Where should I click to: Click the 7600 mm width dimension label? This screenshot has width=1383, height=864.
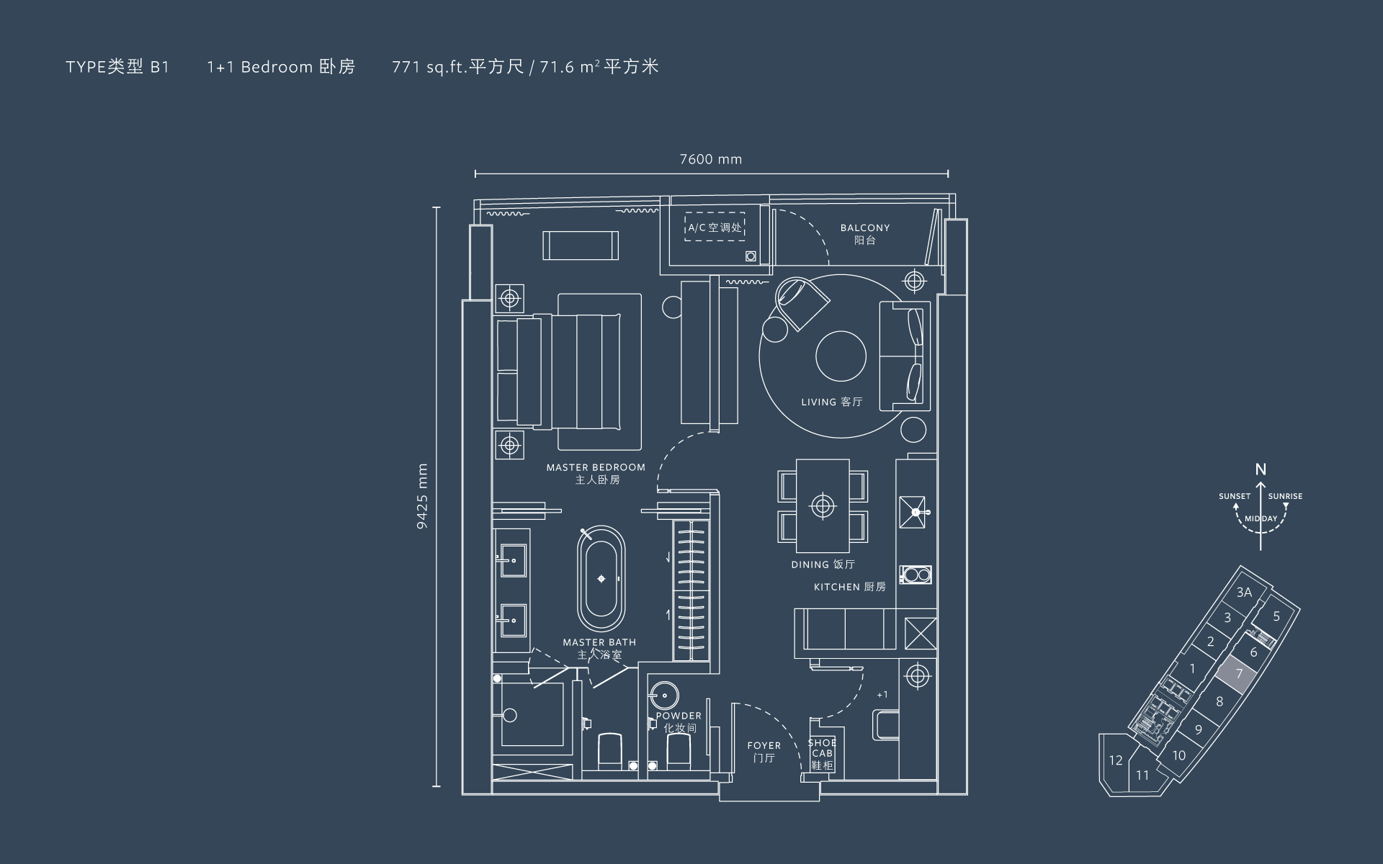click(x=710, y=159)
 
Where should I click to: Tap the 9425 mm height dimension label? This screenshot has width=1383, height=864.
click(x=422, y=496)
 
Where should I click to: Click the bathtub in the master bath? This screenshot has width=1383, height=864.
click(x=601, y=578)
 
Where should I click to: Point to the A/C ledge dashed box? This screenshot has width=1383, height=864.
click(x=714, y=227)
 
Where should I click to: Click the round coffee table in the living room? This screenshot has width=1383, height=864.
click(x=841, y=356)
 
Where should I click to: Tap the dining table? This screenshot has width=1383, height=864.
click(x=823, y=505)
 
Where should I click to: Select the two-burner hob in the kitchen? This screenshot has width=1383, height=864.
click(x=916, y=575)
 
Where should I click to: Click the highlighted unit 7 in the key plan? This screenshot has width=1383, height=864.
click(x=1239, y=675)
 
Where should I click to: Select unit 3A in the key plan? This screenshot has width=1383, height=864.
click(x=1244, y=593)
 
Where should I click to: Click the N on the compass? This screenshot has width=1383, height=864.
click(x=1261, y=469)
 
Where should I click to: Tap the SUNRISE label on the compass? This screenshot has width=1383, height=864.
click(x=1285, y=496)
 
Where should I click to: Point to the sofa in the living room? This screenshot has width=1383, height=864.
click(x=904, y=356)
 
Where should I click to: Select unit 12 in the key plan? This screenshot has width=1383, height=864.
click(x=1116, y=760)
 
